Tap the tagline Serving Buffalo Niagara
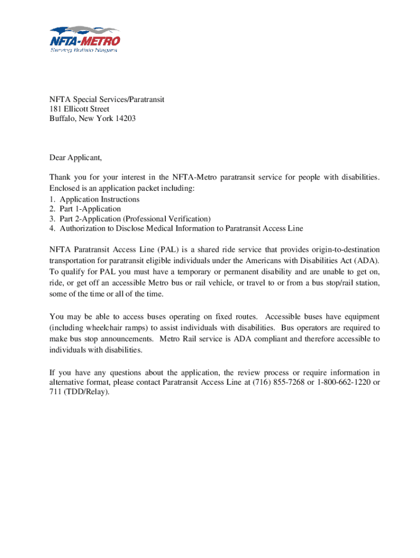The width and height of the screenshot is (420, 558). pos(84,50)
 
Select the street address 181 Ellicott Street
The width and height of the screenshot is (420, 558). pos(79,109)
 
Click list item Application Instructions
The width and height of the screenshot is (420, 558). pos(99,199)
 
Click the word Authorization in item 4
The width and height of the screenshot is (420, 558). pos(82,228)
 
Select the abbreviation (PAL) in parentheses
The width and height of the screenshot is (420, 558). pos(169,250)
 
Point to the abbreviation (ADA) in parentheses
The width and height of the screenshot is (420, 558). pos(366,260)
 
